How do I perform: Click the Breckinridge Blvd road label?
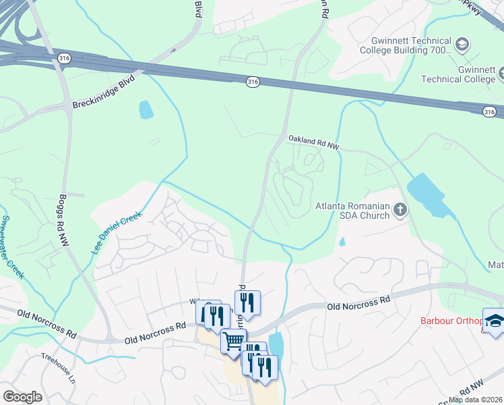[103, 90]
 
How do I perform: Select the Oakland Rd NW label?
[314, 140]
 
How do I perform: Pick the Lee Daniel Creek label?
[117, 232]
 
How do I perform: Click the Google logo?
[22, 397]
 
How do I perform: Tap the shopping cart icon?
[233, 341]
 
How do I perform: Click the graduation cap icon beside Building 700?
[462, 45]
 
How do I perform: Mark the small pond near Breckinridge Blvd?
[145, 109]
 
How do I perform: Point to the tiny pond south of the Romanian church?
[342, 241]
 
